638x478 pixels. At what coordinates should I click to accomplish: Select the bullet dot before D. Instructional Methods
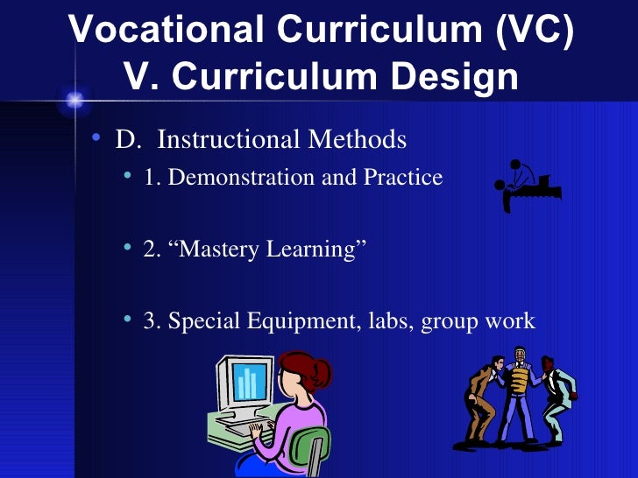tap(96, 140)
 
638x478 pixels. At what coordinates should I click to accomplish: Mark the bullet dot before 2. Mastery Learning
tap(128, 250)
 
